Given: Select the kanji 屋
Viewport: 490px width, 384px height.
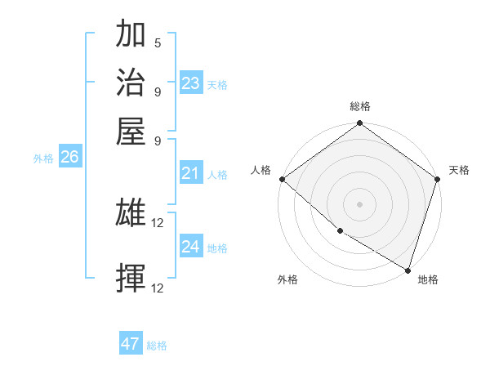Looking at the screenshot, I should click(131, 130).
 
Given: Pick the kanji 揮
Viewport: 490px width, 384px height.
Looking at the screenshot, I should click(131, 279).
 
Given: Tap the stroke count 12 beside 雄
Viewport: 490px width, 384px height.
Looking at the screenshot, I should click(158, 223).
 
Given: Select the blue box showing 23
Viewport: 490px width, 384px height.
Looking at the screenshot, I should click(191, 83).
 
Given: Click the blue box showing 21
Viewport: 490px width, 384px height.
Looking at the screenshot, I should click(191, 173).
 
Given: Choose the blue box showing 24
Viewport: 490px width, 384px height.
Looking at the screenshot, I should click(191, 247).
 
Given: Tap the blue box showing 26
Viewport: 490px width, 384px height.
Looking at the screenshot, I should click(69, 158).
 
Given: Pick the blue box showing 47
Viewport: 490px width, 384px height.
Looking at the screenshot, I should click(131, 344).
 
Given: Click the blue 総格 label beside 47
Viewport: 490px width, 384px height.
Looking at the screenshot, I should click(157, 346).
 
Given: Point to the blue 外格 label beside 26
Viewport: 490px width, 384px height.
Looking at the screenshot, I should click(43, 159).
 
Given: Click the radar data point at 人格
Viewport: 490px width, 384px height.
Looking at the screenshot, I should click(282, 179).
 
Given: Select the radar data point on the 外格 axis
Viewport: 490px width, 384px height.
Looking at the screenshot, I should click(340, 231).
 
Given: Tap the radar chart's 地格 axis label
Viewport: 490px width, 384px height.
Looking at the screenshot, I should click(428, 279).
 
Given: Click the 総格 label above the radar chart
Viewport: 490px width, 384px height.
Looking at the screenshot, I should click(359, 106).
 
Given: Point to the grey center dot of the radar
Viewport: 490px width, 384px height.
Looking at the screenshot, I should click(359, 203).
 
